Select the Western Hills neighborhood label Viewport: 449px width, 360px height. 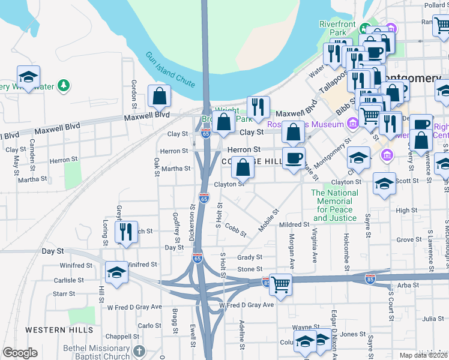(52, 330)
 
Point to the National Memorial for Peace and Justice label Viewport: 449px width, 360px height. (335, 205)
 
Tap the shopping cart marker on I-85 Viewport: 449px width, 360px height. (280, 284)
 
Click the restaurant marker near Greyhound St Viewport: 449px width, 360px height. (125, 232)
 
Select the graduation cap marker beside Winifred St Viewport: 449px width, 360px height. (116, 273)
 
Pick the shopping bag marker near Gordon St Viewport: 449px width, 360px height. (160, 96)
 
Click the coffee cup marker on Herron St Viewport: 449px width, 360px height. (294, 159)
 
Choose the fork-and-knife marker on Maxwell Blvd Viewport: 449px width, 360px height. (258, 107)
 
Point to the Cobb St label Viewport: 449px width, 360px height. (235, 229)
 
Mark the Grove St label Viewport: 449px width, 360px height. (409, 239)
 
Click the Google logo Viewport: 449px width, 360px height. (20, 353)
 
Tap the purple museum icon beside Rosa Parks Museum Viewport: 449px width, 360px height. (352, 125)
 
